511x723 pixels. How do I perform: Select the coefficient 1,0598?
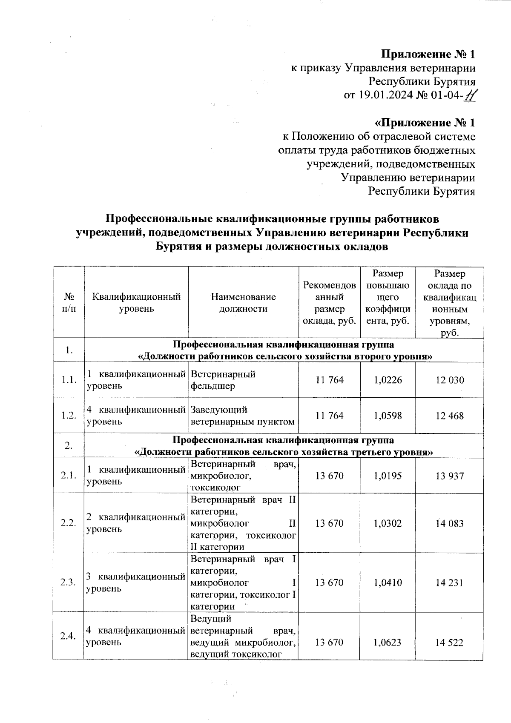[x=388, y=416]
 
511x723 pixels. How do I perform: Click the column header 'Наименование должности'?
[x=243, y=302]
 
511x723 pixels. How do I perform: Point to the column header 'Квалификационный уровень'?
[x=136, y=302]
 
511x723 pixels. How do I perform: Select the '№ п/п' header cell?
[x=69, y=302]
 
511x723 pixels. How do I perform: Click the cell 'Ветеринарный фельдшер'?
[x=223, y=380]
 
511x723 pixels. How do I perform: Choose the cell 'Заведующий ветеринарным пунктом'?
[x=242, y=416]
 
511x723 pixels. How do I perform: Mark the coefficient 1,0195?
[x=388, y=476]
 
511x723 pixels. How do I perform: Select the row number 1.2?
[x=69, y=416]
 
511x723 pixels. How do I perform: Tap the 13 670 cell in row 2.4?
[x=329, y=643]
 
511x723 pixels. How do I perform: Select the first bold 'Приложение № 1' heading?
[x=428, y=55]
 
